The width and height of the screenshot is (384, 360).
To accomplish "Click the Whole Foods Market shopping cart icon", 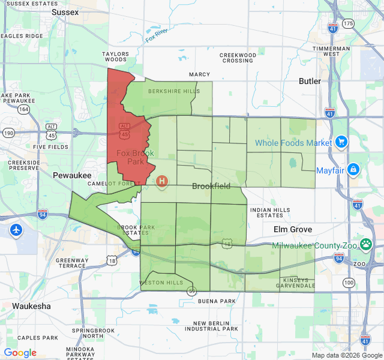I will pos(341,142).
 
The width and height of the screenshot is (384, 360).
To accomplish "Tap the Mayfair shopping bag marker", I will pos(353,170).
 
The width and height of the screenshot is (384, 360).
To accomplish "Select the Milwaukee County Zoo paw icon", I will pos(365,245).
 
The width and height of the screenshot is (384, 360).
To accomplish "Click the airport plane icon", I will pos(16,230).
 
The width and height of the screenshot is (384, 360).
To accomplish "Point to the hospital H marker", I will pos(161,180).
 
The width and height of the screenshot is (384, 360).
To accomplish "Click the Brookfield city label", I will pos(211,186).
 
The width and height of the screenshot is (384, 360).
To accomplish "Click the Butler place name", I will pos(310,81).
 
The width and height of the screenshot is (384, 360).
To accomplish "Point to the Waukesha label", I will pos(31,306).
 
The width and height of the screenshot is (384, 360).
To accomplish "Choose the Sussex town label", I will pos(65,12).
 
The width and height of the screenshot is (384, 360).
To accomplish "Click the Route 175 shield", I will pos(349,23).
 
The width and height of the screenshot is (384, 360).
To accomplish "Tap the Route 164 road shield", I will pos(23,110).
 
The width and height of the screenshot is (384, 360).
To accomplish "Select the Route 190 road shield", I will pos(9,133).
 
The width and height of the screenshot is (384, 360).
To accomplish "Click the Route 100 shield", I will pos(349,282).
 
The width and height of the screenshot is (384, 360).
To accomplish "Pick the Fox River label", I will pos(156,35).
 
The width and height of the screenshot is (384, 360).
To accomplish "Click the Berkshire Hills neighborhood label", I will pos(166,91).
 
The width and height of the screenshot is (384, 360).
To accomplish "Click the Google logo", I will pos(20,353).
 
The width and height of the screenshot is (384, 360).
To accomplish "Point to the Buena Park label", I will pos(217,301).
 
